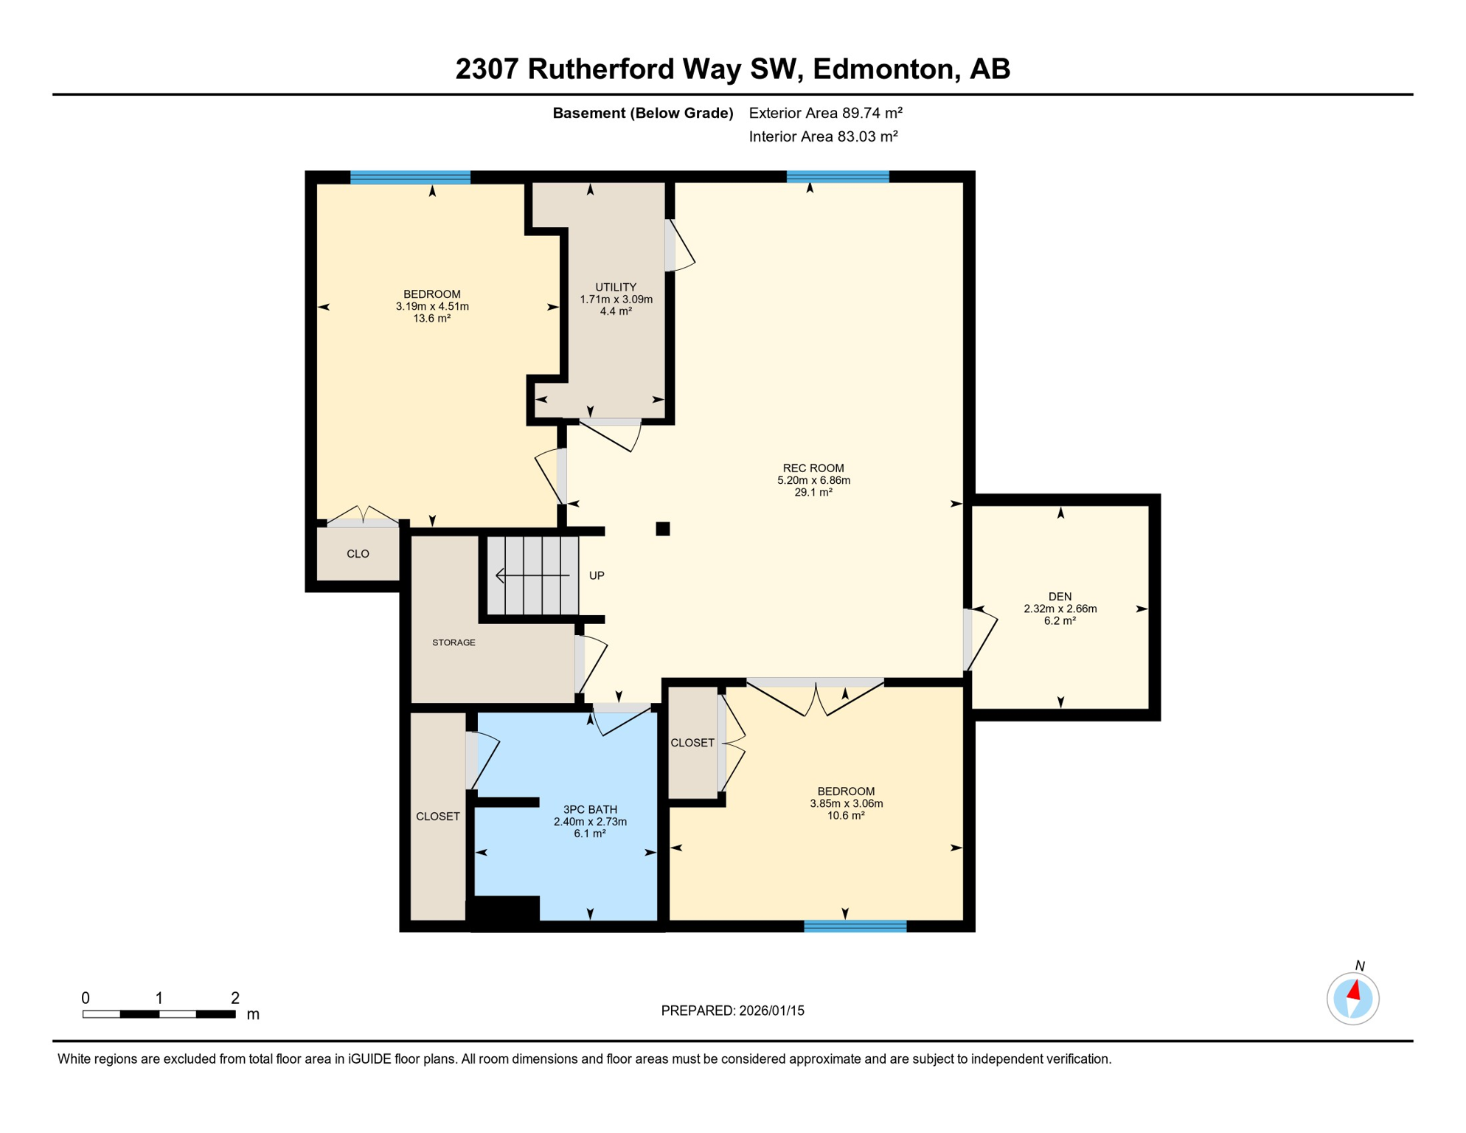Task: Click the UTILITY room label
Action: [616, 287]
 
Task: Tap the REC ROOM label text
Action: [813, 468]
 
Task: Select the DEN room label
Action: [1060, 596]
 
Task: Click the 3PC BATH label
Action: [590, 809]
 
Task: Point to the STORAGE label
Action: [454, 642]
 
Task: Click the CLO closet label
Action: [358, 554]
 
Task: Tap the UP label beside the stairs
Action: [597, 575]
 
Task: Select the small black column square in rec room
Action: [663, 528]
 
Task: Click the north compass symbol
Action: [1352, 999]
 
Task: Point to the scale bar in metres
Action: [159, 1014]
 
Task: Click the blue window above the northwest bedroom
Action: [410, 177]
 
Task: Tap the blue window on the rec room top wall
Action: [838, 176]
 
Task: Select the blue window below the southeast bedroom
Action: [855, 926]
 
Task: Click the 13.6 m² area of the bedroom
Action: [432, 319]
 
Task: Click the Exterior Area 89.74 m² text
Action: [825, 113]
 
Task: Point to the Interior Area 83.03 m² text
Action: [823, 136]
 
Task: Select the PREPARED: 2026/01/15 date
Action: [732, 1011]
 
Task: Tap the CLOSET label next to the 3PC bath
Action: [438, 816]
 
